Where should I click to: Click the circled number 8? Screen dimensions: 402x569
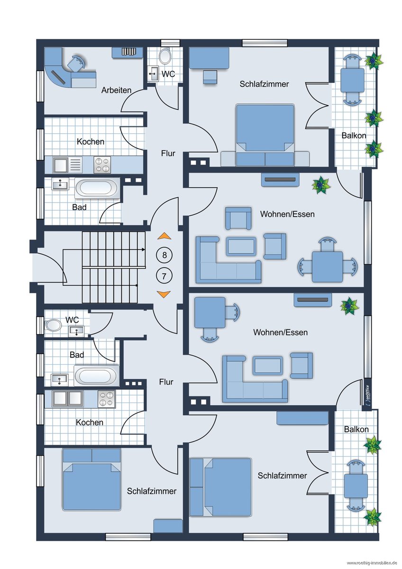tap(164, 255)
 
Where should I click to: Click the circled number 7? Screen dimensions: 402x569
tap(164, 276)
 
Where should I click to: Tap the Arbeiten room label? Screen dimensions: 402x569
tap(116, 90)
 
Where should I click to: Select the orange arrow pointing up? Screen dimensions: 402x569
tap(164, 236)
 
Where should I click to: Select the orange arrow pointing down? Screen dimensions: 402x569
tap(164, 294)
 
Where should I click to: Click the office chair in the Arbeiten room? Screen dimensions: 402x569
tap(76, 63)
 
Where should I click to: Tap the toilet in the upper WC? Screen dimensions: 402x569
tap(165, 55)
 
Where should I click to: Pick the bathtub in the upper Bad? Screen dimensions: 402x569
tap(97, 188)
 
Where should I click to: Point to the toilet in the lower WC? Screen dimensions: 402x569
tap(53, 325)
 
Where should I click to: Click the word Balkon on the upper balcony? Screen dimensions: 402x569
tap(354, 136)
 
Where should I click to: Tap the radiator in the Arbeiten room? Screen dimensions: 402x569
tap(128, 52)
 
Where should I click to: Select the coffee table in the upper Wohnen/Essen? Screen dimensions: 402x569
tap(241, 246)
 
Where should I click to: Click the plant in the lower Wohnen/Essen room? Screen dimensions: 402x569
tap(350, 306)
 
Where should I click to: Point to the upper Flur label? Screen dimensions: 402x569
tap(168, 154)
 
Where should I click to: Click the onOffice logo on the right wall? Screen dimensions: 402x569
tap(367, 394)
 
